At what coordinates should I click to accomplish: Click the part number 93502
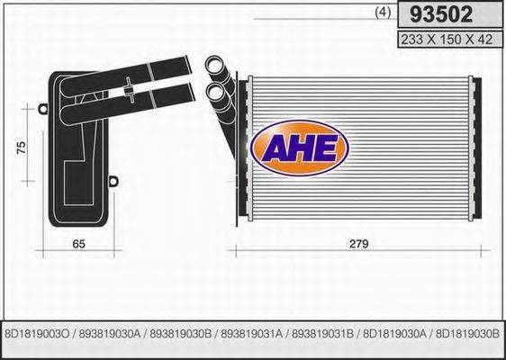(x=442, y=14)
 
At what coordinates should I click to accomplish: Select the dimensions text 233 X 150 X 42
(x=442, y=38)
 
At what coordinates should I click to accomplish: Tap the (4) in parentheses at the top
(x=381, y=13)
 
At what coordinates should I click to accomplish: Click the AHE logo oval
(x=298, y=148)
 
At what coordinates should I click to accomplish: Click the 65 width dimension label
(x=78, y=243)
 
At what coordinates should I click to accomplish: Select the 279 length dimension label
(x=357, y=243)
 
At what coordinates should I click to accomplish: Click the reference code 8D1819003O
(x=38, y=333)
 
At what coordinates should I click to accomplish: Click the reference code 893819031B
(x=323, y=333)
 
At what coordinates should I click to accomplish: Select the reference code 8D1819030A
(x=394, y=333)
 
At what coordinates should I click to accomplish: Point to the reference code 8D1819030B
(x=465, y=333)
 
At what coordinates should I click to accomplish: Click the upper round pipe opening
(x=214, y=66)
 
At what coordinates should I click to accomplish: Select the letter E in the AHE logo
(x=325, y=148)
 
